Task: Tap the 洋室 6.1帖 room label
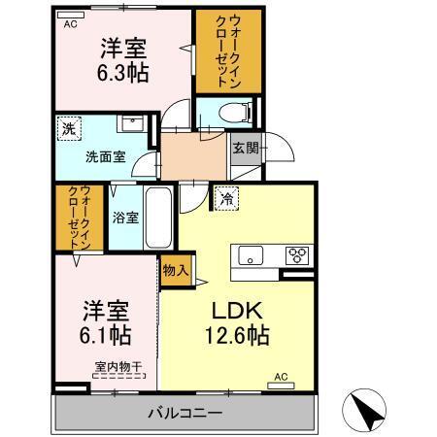coord(106,322)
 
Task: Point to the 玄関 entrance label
coord(244,149)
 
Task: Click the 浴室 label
coord(123,217)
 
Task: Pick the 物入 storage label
coord(175,269)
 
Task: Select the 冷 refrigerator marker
coord(225,197)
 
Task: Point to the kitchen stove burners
coord(296,255)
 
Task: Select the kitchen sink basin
coord(250,256)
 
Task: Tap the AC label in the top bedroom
coord(70,23)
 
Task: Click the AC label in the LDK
coord(281,376)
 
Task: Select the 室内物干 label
coord(118,367)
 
